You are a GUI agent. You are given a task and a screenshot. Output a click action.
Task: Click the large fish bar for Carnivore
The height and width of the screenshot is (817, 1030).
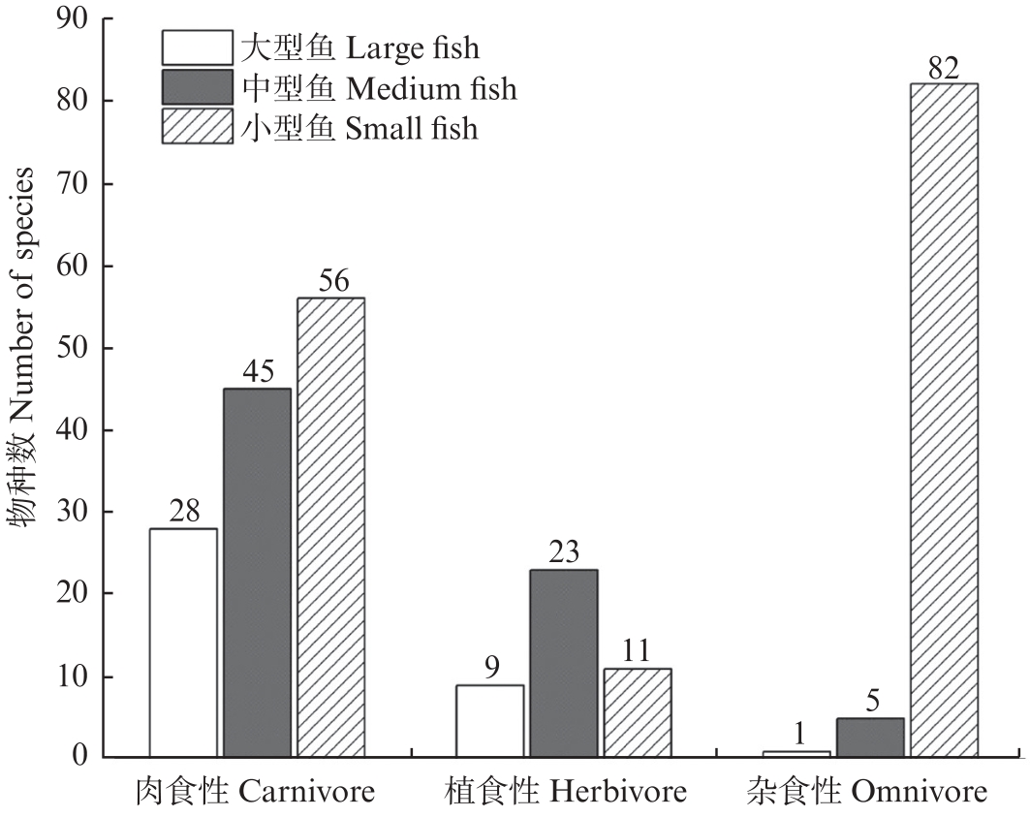click(183, 643)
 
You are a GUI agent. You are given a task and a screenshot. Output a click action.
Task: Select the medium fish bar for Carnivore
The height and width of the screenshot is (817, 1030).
click(257, 573)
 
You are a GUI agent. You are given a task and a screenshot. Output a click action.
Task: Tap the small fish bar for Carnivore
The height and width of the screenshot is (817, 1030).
click(330, 527)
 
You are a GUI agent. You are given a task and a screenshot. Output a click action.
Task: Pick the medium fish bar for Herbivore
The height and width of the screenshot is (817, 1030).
click(564, 663)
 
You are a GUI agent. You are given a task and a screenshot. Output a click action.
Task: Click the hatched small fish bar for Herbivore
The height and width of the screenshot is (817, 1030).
click(638, 712)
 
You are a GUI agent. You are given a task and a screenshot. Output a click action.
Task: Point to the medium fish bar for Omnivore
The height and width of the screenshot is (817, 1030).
click(870, 737)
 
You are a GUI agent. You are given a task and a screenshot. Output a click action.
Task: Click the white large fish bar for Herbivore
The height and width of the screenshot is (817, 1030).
click(490, 720)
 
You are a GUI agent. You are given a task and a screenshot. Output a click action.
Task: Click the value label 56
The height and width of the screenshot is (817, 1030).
click(330, 281)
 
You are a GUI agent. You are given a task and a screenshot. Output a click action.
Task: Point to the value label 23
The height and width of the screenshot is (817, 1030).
click(564, 553)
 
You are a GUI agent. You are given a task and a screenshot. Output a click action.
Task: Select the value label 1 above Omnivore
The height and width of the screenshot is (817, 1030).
click(796, 734)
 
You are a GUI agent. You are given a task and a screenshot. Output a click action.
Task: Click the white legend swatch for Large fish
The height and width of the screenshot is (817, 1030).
click(198, 47)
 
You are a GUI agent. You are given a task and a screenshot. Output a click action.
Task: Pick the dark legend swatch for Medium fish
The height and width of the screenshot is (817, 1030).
click(198, 87)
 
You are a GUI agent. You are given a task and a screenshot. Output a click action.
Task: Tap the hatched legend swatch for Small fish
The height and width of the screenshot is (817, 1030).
click(198, 127)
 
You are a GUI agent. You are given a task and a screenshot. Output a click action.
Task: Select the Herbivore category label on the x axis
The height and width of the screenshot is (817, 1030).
click(566, 793)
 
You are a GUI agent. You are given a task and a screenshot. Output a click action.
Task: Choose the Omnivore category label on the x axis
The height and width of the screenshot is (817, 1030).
click(868, 793)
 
